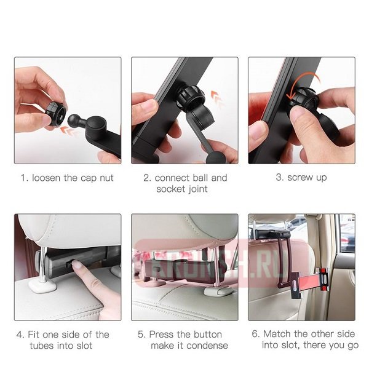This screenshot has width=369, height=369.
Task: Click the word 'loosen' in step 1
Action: pyautogui.click(x=46, y=178)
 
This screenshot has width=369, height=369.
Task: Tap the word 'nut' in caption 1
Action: pyautogui.click(x=106, y=178)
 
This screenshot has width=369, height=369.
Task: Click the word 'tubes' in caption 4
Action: pyautogui.click(x=42, y=346)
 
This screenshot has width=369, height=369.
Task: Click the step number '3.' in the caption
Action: pyautogui.click(x=280, y=177)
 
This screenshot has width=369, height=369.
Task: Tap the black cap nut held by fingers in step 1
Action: pyautogui.click(x=55, y=114)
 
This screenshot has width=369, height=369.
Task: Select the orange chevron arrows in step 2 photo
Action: pyautogui.click(x=218, y=98)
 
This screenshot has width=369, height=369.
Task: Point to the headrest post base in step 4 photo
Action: pyautogui.click(x=42, y=285)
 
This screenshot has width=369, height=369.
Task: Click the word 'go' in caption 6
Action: pyautogui.click(x=353, y=346)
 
